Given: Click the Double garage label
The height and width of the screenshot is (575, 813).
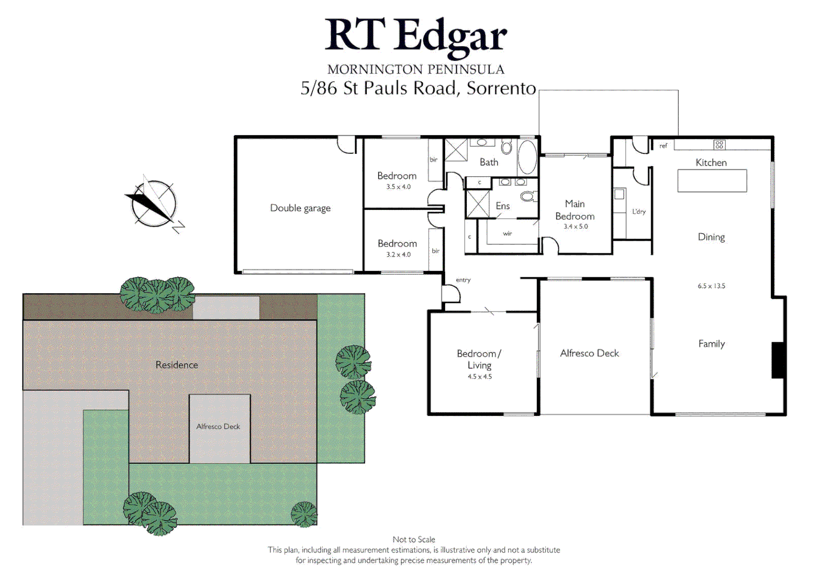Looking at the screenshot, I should click(300, 208).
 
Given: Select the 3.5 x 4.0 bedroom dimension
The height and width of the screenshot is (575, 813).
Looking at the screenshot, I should click(398, 187).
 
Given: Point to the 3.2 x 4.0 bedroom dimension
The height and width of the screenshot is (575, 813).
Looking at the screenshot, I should click(398, 254).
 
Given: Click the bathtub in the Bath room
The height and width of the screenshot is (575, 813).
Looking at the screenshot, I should click(527, 157).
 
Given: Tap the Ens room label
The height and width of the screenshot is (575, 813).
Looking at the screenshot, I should click(503, 206).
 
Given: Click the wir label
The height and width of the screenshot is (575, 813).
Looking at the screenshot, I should click(507, 233).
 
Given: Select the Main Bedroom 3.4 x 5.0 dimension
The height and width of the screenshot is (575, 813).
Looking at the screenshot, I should click(576, 226).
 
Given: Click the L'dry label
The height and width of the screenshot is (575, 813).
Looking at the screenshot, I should click(639, 211).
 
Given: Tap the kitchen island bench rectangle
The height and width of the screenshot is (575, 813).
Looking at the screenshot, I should click(712, 180).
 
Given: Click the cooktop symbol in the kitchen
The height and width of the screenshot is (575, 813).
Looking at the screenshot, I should click(719, 144).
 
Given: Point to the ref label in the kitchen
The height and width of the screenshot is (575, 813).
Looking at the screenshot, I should click(663, 145).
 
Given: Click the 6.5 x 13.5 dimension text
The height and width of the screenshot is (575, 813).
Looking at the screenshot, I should click(711, 286).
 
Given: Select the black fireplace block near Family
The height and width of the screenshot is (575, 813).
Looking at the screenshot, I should click(778, 360).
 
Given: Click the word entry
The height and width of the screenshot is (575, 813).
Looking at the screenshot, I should click(463, 280).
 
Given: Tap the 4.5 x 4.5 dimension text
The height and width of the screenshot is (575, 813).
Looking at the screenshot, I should click(480, 376).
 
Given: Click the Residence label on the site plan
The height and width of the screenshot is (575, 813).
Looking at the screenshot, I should click(177, 365).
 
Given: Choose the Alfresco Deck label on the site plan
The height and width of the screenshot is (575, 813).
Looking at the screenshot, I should click(218, 426).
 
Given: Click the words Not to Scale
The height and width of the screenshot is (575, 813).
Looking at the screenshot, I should click(414, 539).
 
